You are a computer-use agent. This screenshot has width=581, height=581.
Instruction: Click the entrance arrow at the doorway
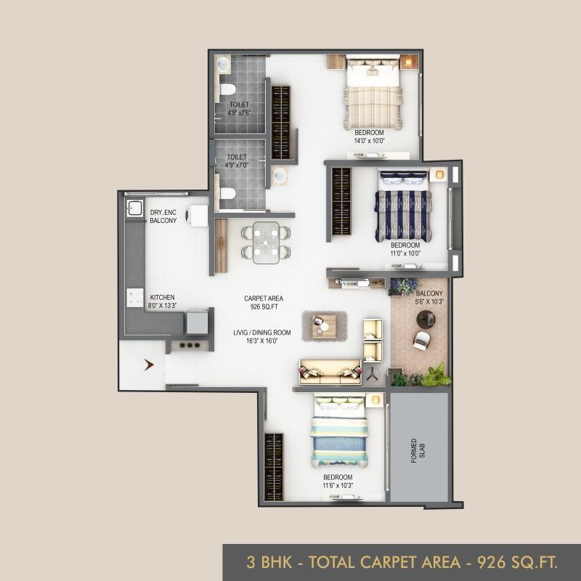[149, 365]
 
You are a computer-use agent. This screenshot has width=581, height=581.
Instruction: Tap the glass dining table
[266, 243]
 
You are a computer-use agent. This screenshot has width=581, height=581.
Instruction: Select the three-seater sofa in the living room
[330, 372]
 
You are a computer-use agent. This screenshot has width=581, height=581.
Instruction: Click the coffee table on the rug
[324, 326]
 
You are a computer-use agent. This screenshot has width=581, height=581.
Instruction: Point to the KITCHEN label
[162, 297]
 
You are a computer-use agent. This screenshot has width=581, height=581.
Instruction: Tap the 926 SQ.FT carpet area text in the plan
[264, 306]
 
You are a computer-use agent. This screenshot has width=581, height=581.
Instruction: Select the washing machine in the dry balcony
[197, 216]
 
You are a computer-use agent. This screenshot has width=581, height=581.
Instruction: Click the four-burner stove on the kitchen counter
[135, 298]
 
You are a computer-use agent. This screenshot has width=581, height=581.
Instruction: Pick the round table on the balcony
[426, 319]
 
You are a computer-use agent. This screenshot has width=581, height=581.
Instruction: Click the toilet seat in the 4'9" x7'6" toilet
[227, 89]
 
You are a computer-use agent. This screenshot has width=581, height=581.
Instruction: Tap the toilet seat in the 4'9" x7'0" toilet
[227, 193]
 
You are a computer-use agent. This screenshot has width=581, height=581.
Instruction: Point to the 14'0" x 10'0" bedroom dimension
[370, 141]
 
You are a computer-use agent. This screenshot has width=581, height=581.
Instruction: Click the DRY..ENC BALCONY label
[163, 216]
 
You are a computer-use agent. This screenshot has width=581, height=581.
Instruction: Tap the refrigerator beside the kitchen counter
[197, 322]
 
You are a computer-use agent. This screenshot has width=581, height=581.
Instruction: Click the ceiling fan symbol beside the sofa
[372, 375]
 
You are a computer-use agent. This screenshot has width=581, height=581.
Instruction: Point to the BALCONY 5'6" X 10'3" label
[429, 298]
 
